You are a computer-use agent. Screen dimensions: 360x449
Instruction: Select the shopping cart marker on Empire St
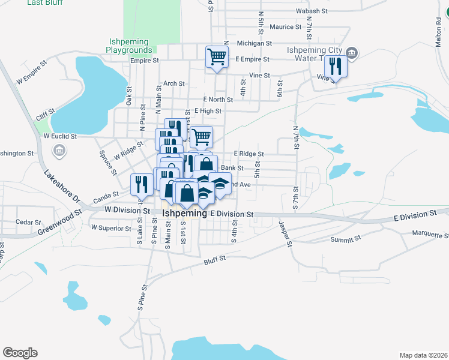click(x=217, y=57)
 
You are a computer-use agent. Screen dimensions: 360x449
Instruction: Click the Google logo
click(x=20, y=353)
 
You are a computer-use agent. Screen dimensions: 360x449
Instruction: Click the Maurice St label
click(x=285, y=27)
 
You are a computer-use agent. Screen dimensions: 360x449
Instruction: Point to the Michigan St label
click(x=255, y=43)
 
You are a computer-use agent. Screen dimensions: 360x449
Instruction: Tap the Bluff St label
click(x=214, y=259)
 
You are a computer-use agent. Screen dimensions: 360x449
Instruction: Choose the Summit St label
click(x=345, y=238)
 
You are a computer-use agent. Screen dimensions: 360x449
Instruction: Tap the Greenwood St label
click(x=60, y=221)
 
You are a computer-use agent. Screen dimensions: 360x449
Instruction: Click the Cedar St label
click(x=27, y=222)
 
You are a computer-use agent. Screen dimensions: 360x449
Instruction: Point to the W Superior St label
click(x=110, y=228)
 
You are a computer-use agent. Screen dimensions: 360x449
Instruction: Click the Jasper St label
click(x=284, y=235)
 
